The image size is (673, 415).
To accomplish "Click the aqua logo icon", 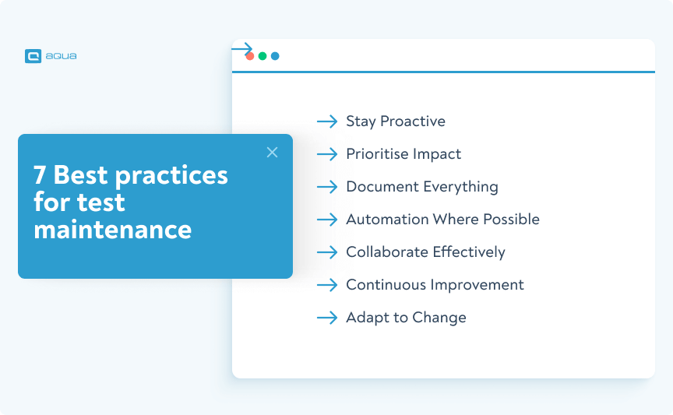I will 33,56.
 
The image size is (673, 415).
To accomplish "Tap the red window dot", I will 250,56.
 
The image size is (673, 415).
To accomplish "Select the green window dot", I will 263,56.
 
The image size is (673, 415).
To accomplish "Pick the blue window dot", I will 275,56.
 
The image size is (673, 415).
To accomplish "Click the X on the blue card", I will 272,153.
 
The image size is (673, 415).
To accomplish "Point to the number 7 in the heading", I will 40,175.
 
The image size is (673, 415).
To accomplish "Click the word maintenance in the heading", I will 112,230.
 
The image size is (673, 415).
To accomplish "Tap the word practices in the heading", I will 172,175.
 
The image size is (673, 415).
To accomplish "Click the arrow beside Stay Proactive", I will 327,121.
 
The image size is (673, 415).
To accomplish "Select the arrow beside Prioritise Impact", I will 327,154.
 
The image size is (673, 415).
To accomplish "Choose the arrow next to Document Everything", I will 327,187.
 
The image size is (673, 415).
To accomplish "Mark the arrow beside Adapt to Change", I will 327,318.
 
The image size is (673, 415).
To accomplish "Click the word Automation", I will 384,220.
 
